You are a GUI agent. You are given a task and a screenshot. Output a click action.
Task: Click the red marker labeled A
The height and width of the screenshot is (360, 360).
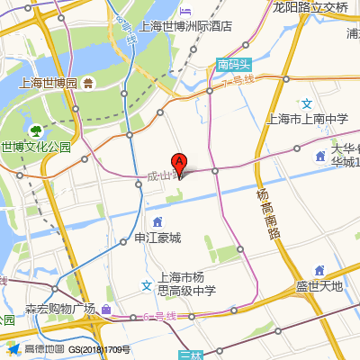180,165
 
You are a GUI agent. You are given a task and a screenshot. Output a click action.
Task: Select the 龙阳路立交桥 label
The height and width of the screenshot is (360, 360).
310,7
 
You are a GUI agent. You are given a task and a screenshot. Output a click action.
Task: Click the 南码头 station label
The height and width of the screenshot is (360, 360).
235,64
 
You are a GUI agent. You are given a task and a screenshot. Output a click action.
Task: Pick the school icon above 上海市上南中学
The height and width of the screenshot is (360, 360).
307,103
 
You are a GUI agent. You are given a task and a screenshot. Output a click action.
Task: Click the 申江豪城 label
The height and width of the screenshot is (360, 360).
157,238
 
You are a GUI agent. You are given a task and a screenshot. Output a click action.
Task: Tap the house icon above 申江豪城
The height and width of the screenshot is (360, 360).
158,221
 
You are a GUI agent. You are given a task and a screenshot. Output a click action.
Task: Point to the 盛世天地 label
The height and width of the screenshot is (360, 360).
319,287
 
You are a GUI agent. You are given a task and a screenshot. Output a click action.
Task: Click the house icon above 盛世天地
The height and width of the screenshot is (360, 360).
319,270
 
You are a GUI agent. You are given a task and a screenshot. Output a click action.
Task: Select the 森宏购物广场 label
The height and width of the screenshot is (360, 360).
59,309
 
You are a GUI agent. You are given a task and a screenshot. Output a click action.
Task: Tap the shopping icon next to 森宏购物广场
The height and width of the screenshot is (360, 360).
107,310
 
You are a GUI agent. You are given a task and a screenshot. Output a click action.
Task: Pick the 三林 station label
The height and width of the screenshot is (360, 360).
190,355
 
